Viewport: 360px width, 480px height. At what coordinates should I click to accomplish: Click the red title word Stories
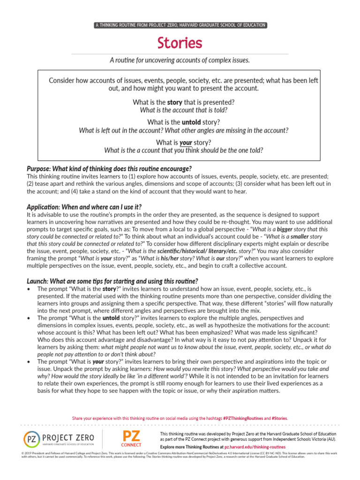[180, 43]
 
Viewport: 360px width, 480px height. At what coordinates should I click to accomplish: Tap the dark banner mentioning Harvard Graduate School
[180, 25]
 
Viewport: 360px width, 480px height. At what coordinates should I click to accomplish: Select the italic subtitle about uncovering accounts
[180, 60]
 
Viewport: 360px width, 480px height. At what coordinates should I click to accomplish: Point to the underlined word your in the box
[186, 142]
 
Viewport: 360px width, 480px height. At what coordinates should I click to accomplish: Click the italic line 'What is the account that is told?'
[184, 110]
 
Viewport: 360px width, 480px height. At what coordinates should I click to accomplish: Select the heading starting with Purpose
[109, 168]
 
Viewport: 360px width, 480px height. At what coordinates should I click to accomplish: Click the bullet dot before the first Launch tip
[30, 290]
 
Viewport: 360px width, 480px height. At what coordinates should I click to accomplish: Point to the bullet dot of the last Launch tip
[30, 362]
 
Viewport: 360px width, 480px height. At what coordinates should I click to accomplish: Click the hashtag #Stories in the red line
[279, 418]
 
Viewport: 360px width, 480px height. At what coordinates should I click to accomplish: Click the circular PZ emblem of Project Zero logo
[31, 440]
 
